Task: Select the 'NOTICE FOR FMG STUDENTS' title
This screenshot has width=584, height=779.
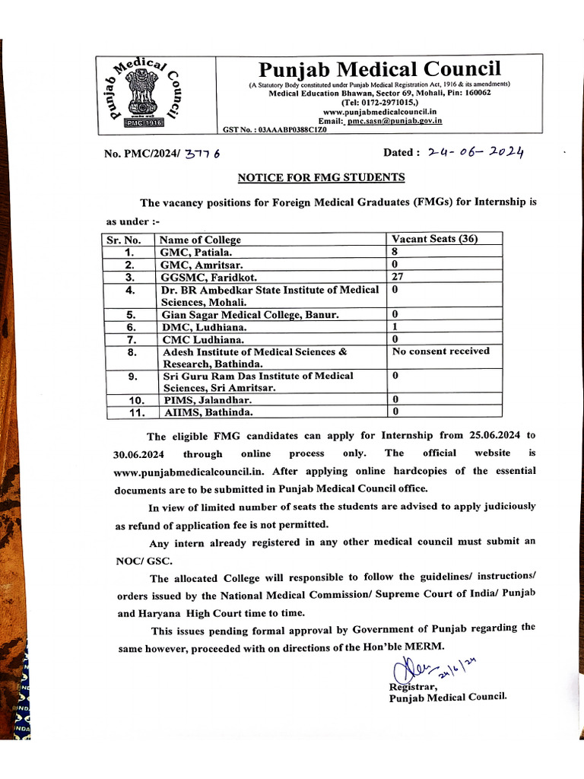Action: point(322,177)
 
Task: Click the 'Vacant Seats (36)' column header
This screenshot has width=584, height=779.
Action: point(434,239)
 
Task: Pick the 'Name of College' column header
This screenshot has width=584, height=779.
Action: point(201,240)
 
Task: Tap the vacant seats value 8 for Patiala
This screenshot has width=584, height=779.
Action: point(395,252)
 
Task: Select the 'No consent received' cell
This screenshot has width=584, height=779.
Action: point(441,351)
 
